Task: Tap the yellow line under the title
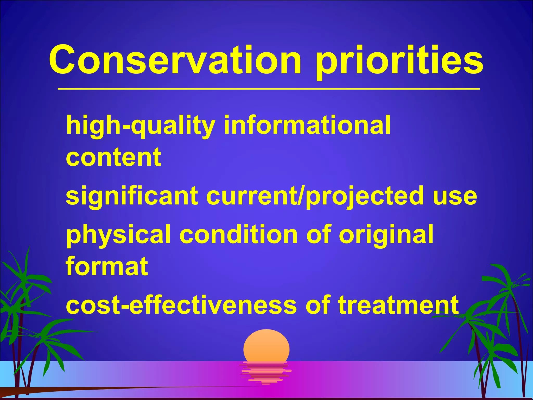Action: click(268, 89)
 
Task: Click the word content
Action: click(113, 157)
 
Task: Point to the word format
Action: click(107, 266)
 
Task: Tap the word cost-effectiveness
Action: click(181, 305)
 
